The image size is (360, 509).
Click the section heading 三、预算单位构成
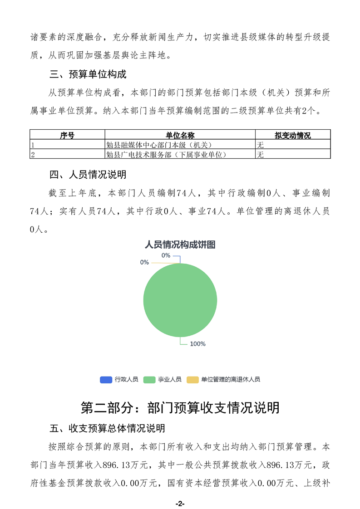point(88,74)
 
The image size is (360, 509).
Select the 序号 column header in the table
point(67,135)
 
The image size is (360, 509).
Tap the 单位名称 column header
point(180,135)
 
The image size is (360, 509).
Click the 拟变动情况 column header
point(292,135)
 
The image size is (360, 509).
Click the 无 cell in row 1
point(261,145)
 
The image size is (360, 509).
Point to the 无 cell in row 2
point(261,155)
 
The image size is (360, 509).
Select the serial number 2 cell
point(32,155)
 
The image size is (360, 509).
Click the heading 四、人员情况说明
point(88,175)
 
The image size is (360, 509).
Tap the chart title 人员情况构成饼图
point(180,245)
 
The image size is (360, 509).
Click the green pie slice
point(180,300)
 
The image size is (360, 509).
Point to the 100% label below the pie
point(197,344)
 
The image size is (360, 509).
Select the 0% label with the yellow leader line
point(144,262)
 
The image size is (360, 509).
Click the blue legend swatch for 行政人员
point(106,380)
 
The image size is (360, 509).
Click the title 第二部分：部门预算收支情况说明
point(180,407)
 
